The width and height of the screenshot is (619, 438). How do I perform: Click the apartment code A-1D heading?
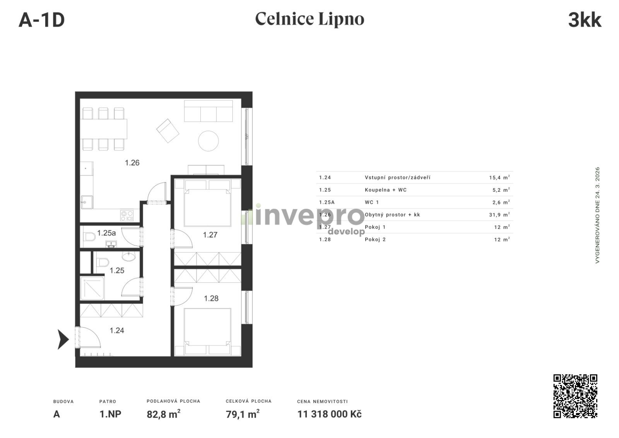42,20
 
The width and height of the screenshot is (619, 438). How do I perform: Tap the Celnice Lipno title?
309,19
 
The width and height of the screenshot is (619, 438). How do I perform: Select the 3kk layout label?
585,20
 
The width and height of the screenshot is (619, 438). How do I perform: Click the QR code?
575,396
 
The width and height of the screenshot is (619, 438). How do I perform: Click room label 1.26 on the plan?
132,163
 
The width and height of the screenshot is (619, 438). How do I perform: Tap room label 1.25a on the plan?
106,233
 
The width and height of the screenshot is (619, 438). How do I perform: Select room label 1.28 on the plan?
211,298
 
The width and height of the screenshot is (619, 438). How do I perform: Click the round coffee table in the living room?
209,141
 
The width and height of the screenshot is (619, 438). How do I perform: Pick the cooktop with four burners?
127,216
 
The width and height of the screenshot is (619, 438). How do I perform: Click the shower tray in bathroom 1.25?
92,288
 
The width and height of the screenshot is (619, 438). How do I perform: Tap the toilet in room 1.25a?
89,237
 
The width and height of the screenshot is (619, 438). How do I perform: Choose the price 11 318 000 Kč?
329,414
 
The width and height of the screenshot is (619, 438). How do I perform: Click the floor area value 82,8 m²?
163,414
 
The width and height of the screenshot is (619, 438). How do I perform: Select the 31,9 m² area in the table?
499,215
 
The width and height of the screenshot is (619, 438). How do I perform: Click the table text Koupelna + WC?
385,190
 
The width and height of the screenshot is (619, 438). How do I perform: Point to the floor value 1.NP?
110,414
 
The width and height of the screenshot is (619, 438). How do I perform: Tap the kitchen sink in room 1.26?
87,202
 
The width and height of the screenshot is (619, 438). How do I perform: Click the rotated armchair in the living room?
168,131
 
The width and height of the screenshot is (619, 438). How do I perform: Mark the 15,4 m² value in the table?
499,177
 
